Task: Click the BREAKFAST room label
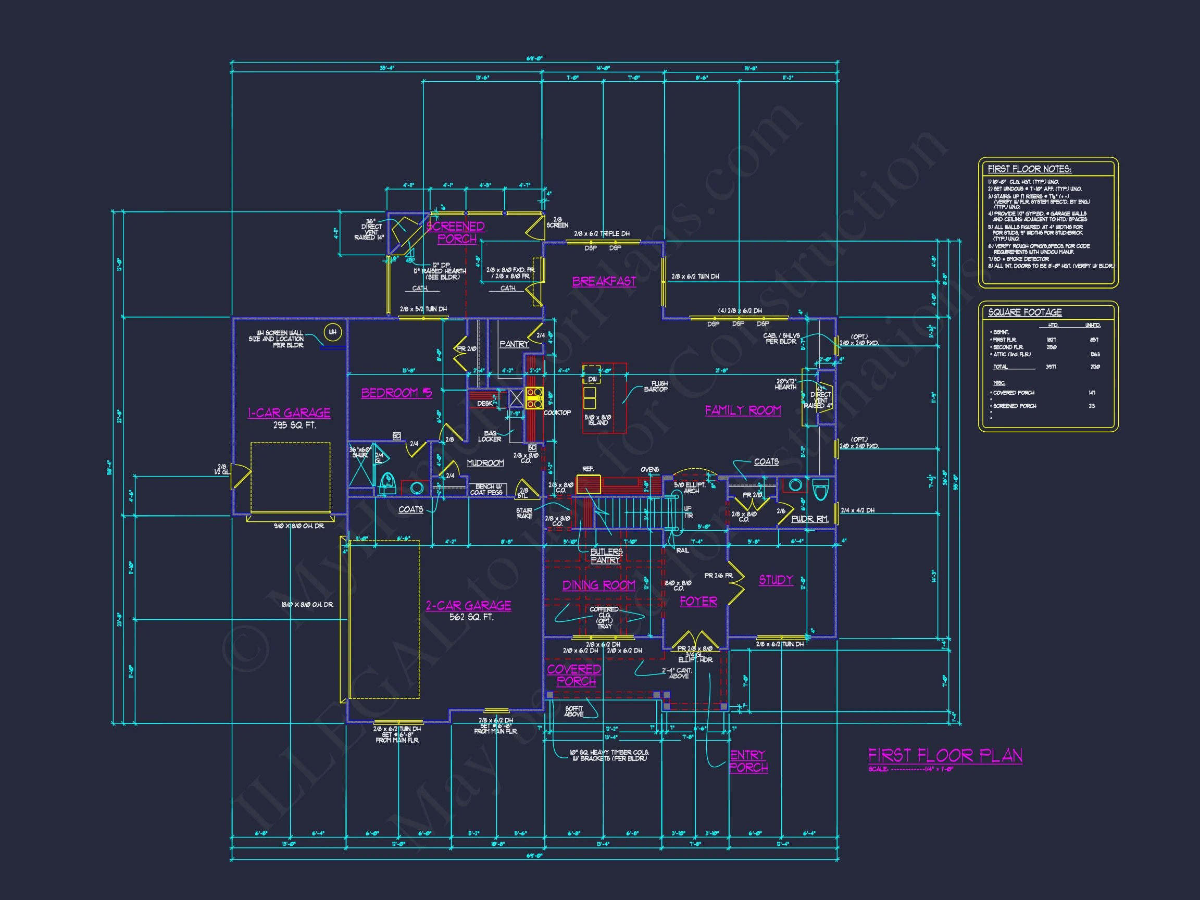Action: click(x=604, y=282)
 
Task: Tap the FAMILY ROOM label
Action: click(x=743, y=410)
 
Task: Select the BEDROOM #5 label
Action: click(x=396, y=393)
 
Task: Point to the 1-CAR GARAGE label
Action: click(x=289, y=413)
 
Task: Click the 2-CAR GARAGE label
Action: click(x=468, y=605)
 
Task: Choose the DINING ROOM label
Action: click(x=598, y=585)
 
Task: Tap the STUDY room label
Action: click(x=776, y=580)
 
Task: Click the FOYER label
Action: click(x=698, y=601)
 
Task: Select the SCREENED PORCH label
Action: click(x=456, y=233)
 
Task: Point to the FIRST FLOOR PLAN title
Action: click(x=945, y=755)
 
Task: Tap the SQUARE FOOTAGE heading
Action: click(x=1025, y=312)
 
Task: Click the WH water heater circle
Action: click(x=332, y=332)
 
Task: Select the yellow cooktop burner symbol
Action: click(x=534, y=397)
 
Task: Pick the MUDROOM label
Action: click(x=485, y=463)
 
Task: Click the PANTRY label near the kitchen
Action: click(x=514, y=344)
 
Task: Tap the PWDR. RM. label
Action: click(x=809, y=519)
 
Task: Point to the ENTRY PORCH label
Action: click(x=748, y=760)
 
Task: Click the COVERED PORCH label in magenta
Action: click(x=574, y=675)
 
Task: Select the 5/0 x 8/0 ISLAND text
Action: click(x=598, y=420)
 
